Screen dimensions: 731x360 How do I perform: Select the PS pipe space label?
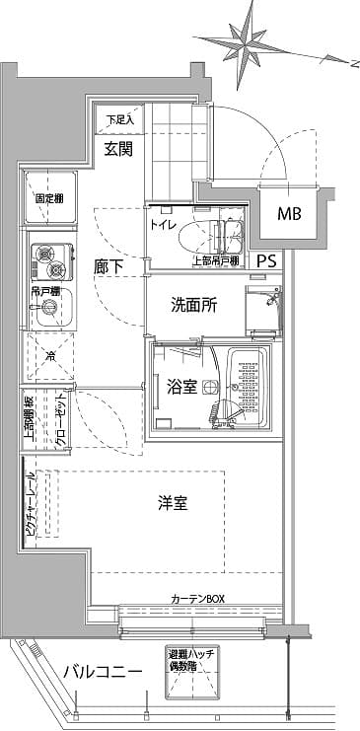coord(266,261)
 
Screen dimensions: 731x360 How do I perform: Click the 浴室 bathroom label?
coord(180,388)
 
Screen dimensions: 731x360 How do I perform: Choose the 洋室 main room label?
coord(174,504)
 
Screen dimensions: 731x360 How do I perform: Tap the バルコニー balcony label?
coord(103,672)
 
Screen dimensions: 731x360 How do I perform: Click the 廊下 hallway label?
coord(108,266)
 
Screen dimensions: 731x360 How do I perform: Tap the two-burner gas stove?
coord(48,262)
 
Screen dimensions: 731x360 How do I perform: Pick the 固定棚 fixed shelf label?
coord(50,197)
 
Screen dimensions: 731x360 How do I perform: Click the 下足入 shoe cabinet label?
coord(119,120)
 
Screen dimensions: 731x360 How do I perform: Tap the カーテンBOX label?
coord(197,599)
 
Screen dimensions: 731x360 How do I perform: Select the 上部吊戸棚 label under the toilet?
coord(215,261)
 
